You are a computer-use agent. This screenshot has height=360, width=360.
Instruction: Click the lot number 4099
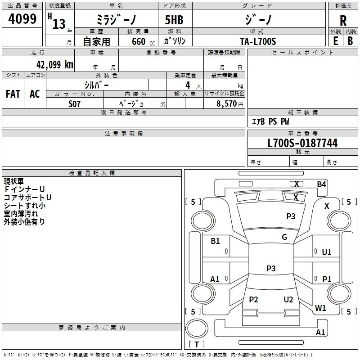(22, 19)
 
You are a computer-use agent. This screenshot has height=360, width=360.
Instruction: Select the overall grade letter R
(343, 21)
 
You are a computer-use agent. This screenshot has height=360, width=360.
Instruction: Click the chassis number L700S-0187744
(302, 144)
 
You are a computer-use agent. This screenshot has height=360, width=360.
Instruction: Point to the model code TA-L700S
(258, 41)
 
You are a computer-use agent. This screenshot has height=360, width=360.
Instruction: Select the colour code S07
(75, 103)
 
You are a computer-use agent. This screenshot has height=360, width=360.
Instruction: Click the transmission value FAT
(13, 94)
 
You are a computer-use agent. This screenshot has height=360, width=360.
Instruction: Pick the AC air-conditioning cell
(35, 94)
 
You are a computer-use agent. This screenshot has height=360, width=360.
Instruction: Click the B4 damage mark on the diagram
(321, 184)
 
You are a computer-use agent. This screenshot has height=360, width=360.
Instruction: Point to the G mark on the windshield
(284, 237)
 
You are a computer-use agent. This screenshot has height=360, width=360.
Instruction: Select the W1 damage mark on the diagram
(320, 308)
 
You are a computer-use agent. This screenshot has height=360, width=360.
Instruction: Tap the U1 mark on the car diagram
(327, 252)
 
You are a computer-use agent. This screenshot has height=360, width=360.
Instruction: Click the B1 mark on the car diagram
(215, 241)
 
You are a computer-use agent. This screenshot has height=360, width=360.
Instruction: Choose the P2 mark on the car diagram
(254, 300)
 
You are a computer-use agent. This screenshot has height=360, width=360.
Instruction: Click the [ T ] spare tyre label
(196, 344)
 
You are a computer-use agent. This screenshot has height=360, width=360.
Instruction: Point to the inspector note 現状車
(14, 181)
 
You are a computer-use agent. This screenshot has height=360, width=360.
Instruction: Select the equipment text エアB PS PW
(270, 121)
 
